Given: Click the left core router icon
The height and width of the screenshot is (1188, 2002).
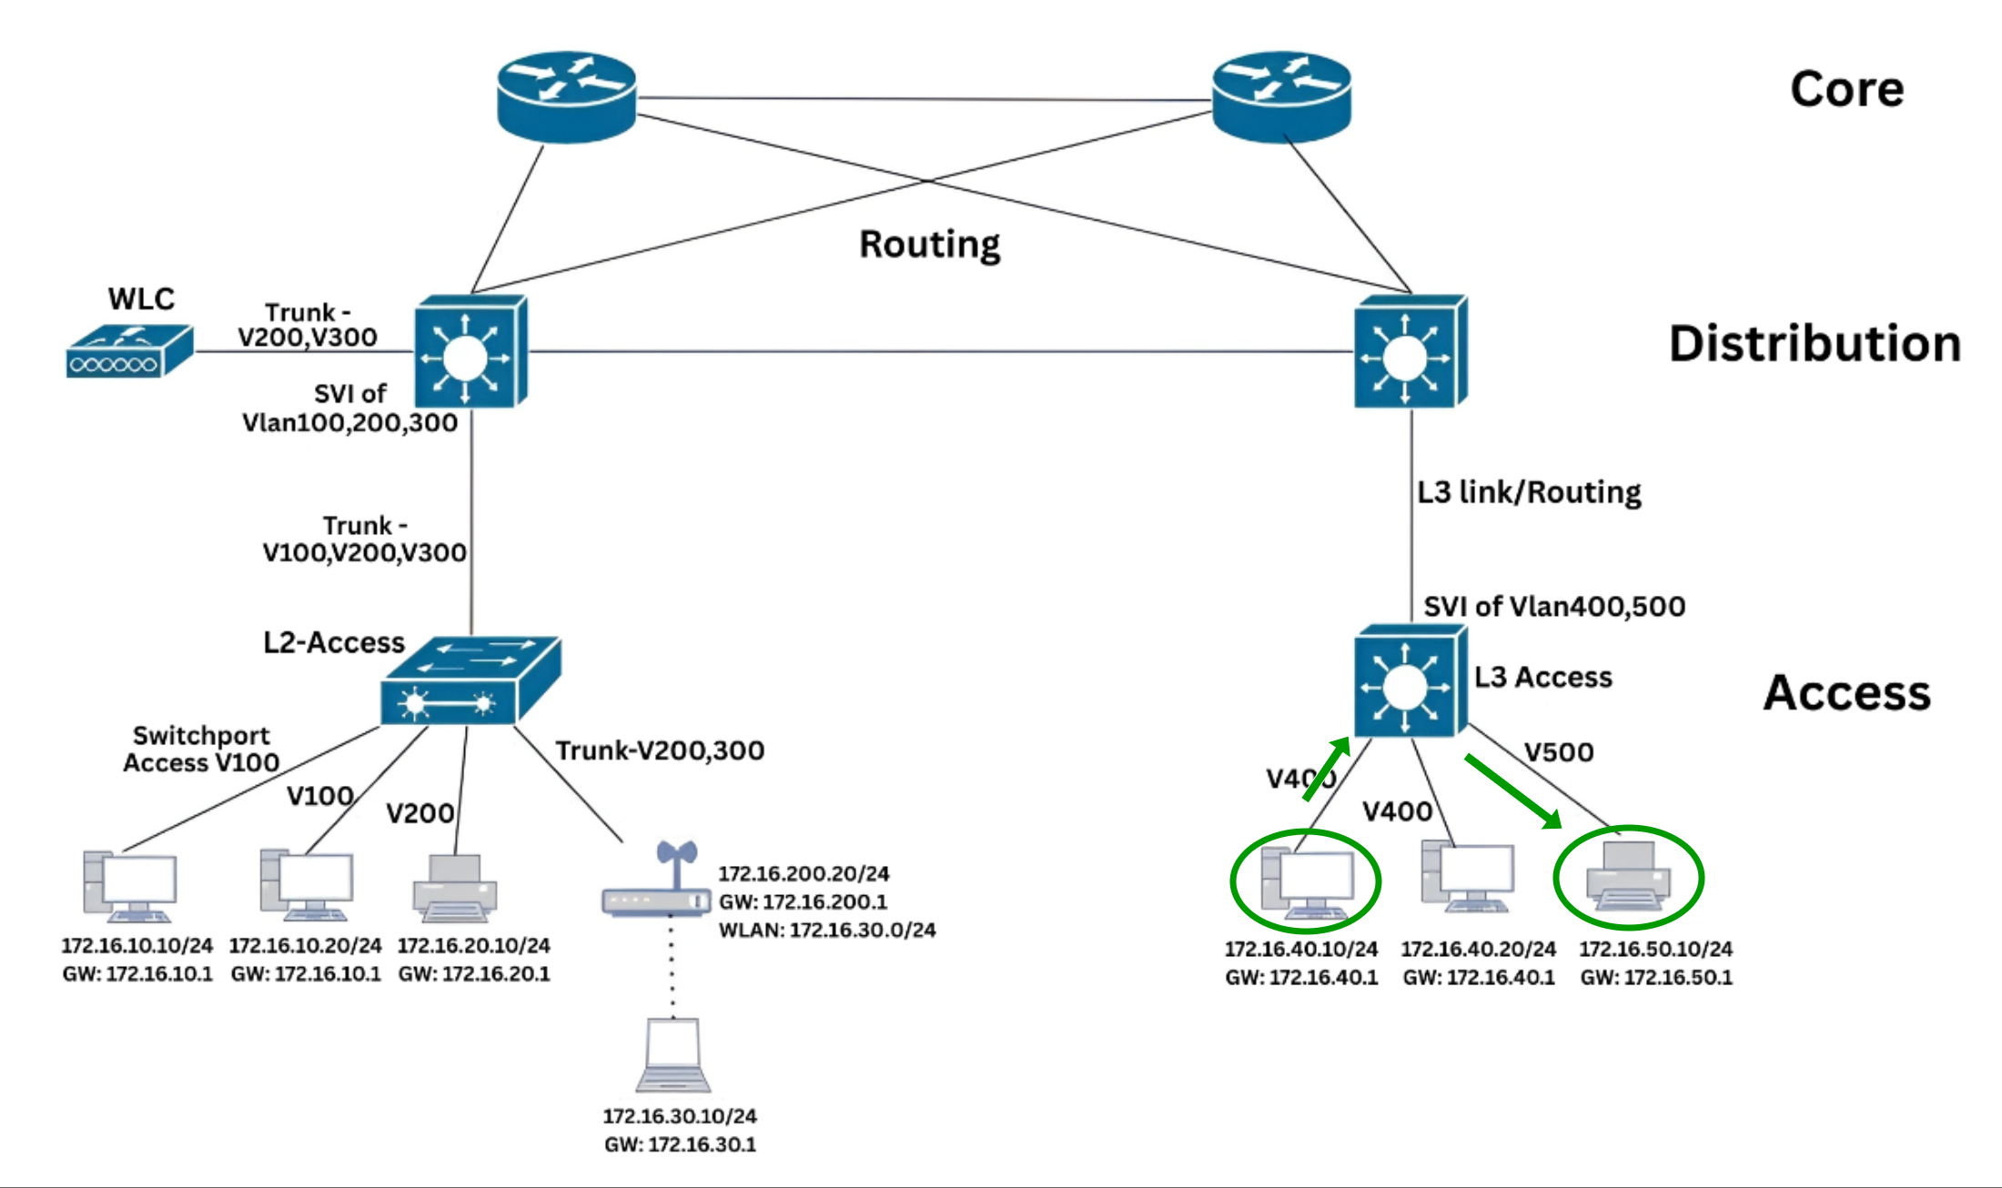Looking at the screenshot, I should tap(566, 96).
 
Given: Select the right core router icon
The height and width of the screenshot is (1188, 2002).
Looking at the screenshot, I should tap(1281, 96).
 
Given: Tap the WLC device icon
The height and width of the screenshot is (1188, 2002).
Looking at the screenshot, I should tap(129, 351).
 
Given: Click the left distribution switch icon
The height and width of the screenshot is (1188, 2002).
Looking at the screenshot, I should tap(470, 352).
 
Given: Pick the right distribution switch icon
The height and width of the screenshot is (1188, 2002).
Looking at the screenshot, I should tap(1409, 352).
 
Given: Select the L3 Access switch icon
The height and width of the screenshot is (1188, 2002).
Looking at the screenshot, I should tap(1409, 680).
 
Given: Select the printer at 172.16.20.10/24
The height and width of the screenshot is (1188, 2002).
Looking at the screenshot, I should tap(455, 888).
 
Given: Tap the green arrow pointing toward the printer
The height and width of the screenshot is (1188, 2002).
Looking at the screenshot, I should tap(1512, 791).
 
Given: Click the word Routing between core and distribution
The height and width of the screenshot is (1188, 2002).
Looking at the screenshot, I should tap(929, 244).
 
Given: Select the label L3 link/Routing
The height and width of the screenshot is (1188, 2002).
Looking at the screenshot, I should tap(1529, 492).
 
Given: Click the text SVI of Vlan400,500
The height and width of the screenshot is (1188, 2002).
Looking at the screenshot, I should tap(1553, 606).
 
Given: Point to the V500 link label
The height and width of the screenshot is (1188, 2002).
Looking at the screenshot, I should tap(1559, 752).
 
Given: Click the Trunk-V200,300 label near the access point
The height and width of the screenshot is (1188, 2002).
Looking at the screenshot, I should tap(660, 750).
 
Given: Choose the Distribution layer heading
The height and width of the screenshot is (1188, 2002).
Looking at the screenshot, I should tap(1814, 344).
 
